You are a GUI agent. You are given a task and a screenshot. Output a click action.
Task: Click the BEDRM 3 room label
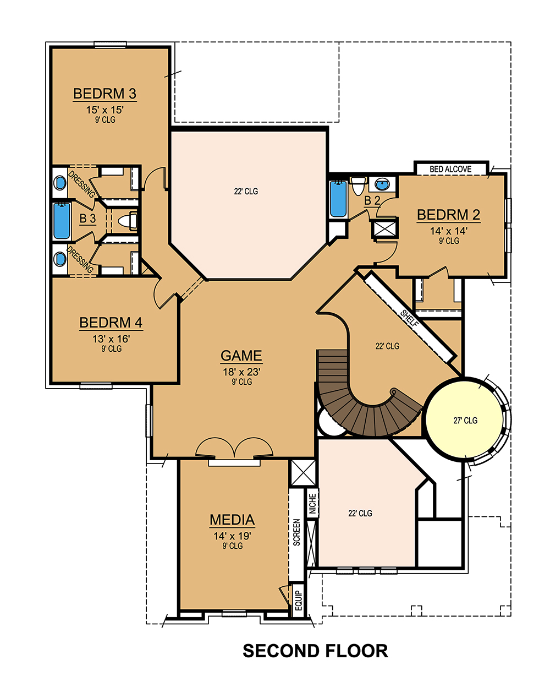pos(105,94)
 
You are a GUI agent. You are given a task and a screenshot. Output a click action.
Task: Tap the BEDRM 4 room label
pos(111,323)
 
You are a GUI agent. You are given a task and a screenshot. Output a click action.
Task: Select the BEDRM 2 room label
pos(448,215)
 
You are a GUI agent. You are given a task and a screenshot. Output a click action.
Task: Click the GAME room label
pos(241,356)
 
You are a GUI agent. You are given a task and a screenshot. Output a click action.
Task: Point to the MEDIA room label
pos(232,520)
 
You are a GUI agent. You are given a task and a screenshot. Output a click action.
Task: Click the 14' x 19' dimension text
pos(232,535)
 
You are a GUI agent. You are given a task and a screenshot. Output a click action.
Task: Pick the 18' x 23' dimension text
pos(241,372)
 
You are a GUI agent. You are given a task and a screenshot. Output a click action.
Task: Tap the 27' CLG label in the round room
pos(465,421)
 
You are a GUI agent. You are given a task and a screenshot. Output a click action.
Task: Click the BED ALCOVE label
pos(450,169)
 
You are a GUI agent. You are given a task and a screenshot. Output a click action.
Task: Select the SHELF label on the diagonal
pos(410,318)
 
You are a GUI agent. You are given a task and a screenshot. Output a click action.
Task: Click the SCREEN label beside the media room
pos(296,532)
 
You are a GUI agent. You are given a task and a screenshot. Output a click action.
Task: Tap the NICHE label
pos(312,504)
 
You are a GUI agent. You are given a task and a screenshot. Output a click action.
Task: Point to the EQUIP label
pos(299,600)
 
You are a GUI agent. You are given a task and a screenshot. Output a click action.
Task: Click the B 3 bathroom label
pos(87,219)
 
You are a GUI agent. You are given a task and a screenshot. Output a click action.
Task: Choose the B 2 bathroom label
pos(372,200)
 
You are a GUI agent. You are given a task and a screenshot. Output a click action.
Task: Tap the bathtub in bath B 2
pos(337,199)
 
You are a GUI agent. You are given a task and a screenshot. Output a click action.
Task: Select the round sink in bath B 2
pos(381,183)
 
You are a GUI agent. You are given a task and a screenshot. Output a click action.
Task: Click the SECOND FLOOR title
pos(315,651)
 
